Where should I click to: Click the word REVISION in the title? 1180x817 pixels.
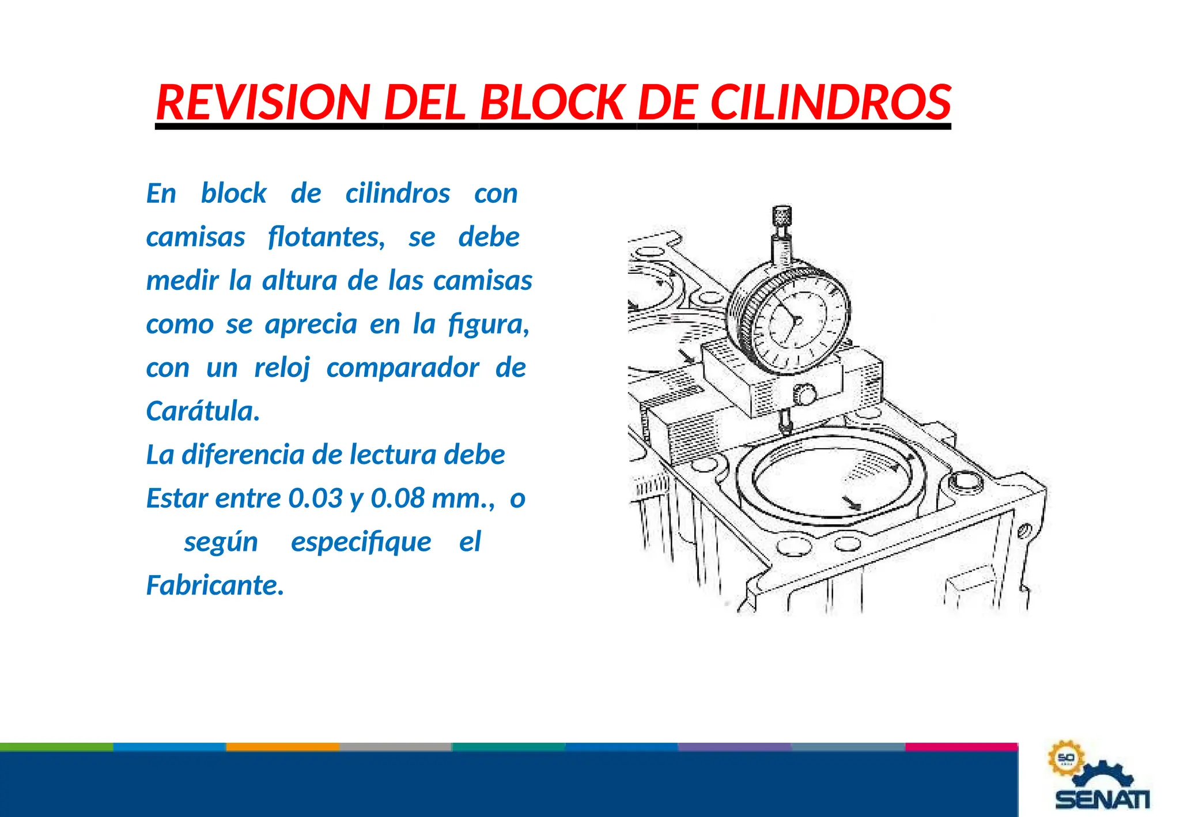click(262, 103)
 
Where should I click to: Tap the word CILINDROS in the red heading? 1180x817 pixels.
click(830, 103)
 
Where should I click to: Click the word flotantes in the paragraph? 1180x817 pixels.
click(326, 237)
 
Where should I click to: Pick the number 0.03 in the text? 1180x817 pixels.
click(315, 498)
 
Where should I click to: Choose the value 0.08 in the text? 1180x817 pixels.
click(398, 498)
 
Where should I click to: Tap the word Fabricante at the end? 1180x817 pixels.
click(215, 585)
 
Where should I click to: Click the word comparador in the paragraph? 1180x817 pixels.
click(402, 368)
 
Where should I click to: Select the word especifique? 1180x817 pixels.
click(361, 542)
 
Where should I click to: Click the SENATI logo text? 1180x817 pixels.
click(1102, 799)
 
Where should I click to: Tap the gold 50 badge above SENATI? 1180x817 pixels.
click(1065, 758)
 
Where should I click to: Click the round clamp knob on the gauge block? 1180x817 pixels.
click(804, 395)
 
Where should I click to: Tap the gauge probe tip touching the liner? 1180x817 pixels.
click(784, 428)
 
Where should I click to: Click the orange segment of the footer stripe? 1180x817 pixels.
click(282, 747)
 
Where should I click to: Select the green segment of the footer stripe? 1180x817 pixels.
click(56, 747)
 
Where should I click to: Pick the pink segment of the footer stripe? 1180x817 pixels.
click(961, 747)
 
